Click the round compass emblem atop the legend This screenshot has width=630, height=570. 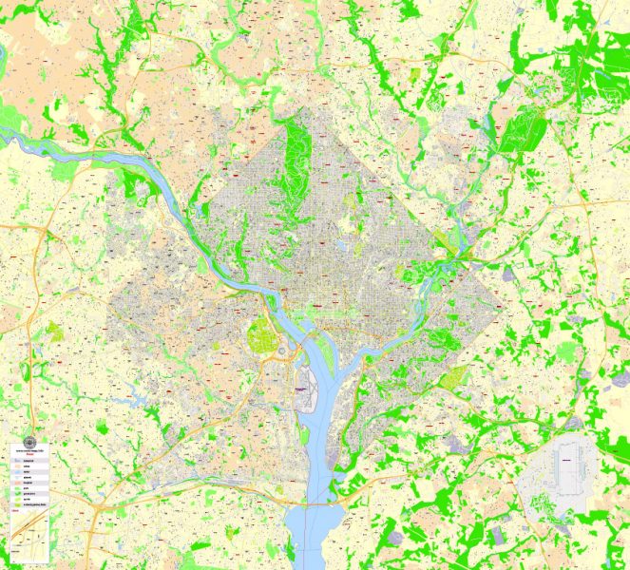(29, 442)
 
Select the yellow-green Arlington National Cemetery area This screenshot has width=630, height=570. (259, 334)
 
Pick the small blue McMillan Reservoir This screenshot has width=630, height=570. (339, 245)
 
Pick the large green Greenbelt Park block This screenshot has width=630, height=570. (518, 133)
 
